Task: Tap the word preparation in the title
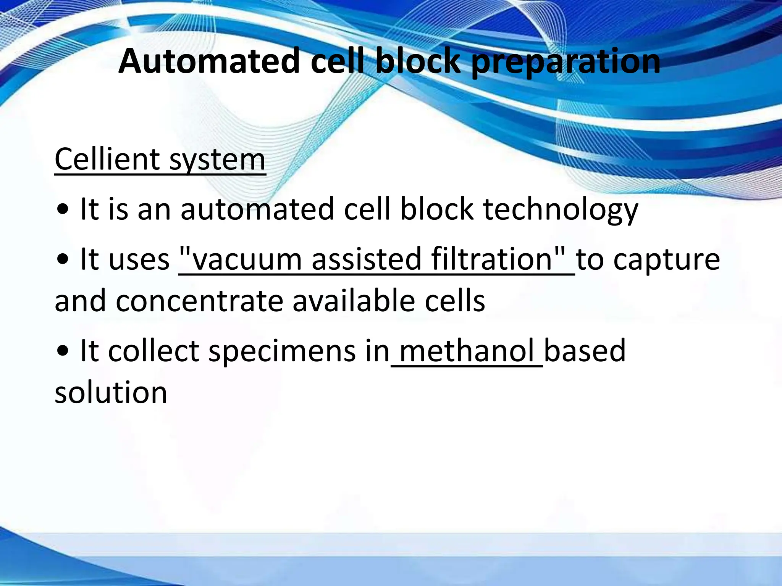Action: (565, 62)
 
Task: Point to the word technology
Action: (561, 210)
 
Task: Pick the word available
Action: (354, 301)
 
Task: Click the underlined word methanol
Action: (467, 351)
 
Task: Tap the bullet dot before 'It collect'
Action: (62, 351)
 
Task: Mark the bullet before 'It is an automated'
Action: (62, 210)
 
